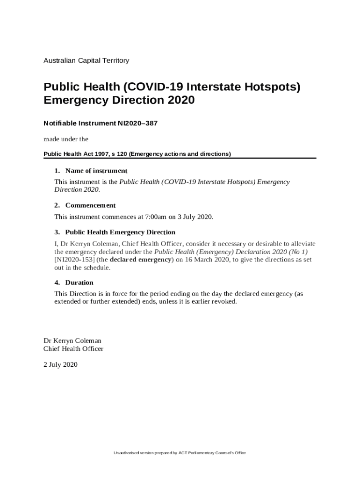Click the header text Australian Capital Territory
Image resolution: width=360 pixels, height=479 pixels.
click(x=86, y=60)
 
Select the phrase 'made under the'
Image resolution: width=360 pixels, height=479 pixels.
click(x=66, y=139)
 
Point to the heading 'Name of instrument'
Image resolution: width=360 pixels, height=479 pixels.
click(x=96, y=171)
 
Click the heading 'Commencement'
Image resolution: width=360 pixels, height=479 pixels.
click(x=90, y=205)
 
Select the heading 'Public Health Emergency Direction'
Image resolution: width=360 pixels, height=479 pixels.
click(x=120, y=232)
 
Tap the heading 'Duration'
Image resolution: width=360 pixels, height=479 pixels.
click(x=79, y=283)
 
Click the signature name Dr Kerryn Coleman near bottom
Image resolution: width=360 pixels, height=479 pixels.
click(x=72, y=341)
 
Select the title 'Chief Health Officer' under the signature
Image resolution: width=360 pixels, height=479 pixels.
click(x=73, y=349)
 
